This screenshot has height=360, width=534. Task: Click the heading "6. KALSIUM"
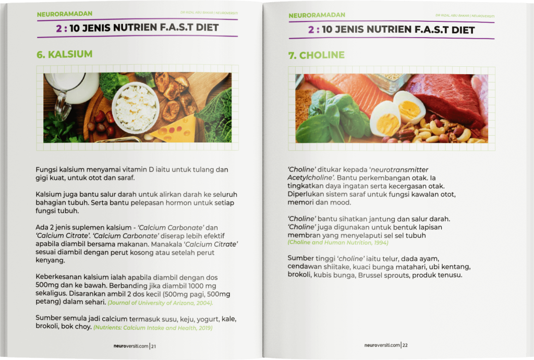click(x=64, y=54)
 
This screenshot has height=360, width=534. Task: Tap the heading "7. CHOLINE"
click(x=317, y=55)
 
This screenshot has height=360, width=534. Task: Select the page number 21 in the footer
click(x=154, y=346)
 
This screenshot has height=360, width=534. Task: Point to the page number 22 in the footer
click(x=405, y=345)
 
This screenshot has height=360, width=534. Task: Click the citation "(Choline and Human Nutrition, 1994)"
click(x=338, y=243)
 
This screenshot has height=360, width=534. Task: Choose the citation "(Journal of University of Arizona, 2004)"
click(x=160, y=303)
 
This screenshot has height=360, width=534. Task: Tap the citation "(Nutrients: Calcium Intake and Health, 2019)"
click(x=153, y=328)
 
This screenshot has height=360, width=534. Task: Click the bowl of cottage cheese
click(x=136, y=107)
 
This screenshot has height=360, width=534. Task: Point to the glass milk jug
click(x=70, y=90)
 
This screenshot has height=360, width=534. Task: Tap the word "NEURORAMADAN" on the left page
click(x=64, y=14)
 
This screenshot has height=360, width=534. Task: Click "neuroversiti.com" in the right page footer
click(x=382, y=345)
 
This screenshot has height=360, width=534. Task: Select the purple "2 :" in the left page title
click(x=62, y=28)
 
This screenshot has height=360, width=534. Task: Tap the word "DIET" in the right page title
click(x=463, y=30)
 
